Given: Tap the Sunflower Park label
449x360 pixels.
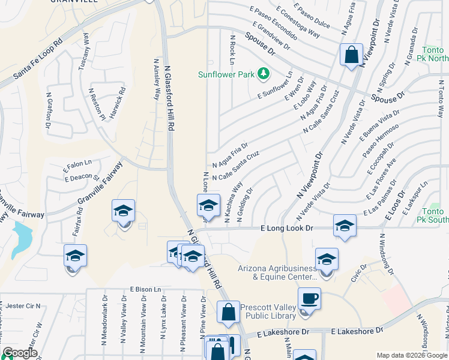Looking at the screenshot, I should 228,74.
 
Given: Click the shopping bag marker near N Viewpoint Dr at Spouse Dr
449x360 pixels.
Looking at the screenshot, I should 351,55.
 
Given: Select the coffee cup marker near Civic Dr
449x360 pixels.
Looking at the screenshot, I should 309,299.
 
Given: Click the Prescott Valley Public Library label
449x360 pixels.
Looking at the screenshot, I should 269,312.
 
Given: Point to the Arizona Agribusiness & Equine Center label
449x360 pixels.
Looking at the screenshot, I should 279,272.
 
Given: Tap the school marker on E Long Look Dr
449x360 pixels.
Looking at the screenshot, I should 345,226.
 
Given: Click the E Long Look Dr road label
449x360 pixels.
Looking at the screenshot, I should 287,229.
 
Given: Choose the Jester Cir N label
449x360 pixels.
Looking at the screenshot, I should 21,305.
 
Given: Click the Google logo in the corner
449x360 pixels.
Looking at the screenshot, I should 19,353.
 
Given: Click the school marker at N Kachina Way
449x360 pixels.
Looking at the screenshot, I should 208,206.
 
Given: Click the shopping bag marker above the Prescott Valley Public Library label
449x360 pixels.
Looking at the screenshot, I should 229,312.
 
